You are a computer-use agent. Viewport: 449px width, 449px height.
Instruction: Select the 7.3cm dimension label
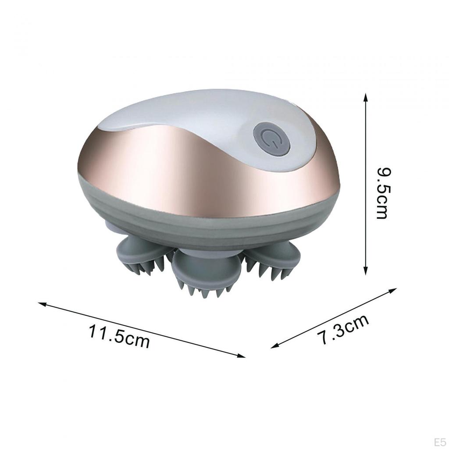click(343, 329)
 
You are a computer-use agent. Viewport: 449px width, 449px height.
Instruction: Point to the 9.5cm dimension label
click(382, 193)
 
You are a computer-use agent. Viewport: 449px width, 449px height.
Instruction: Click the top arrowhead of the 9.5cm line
click(365, 97)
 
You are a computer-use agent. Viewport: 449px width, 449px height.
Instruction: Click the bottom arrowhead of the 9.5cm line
click(365, 271)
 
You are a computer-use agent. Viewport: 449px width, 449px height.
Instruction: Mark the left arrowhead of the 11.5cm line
click(43, 304)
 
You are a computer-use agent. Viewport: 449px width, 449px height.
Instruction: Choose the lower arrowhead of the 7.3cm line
click(275, 346)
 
